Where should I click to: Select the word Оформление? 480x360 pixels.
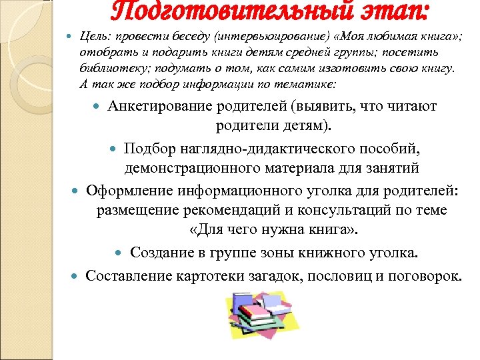tap(130, 191)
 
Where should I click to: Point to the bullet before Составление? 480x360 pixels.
tap(76, 275)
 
